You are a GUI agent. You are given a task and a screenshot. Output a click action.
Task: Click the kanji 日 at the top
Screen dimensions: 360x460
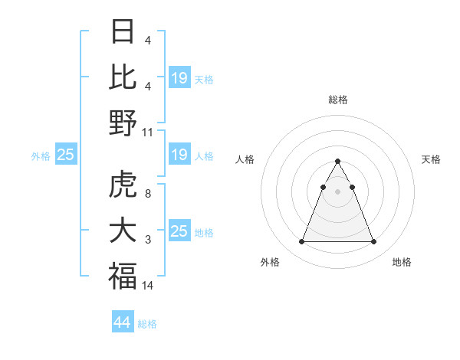pos(123,31)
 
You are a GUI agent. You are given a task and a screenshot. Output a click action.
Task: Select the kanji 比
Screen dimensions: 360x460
pos(123,77)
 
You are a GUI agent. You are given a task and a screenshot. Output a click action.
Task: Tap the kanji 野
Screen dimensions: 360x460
pos(123,123)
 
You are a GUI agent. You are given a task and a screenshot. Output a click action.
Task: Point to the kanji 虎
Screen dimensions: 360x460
pos(123,186)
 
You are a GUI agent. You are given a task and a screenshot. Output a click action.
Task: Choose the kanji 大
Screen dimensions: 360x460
pos(123,231)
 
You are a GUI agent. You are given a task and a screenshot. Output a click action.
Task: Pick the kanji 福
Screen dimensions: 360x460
pos(123,277)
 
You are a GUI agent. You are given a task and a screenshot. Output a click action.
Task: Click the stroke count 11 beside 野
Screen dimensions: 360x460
pos(148,132)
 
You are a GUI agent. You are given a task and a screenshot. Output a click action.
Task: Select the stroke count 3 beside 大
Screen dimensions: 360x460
pos(148,241)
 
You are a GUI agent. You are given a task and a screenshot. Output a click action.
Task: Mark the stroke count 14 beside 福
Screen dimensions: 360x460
pos(148,286)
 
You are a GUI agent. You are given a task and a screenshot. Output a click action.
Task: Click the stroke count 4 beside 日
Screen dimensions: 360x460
pos(148,41)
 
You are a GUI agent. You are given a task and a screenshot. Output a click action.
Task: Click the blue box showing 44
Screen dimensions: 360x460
pos(122,322)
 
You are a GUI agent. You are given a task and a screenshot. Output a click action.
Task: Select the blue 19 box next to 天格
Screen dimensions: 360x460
pos(179,77)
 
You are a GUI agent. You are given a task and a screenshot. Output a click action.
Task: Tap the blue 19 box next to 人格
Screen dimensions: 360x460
pos(179,155)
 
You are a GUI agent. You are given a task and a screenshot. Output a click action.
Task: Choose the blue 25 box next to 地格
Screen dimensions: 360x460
pos(179,231)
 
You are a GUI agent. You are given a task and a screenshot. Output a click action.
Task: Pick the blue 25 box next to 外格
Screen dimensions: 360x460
pos(65,155)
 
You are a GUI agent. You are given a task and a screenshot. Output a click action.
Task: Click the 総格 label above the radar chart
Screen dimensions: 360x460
pos(337,100)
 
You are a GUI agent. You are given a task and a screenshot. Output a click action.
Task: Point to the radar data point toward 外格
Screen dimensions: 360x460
pos(301,242)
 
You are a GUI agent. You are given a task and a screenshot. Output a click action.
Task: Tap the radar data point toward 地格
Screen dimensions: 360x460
pos(373,242)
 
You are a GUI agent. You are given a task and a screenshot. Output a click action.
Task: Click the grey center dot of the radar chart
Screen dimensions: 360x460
pos(337,191)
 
